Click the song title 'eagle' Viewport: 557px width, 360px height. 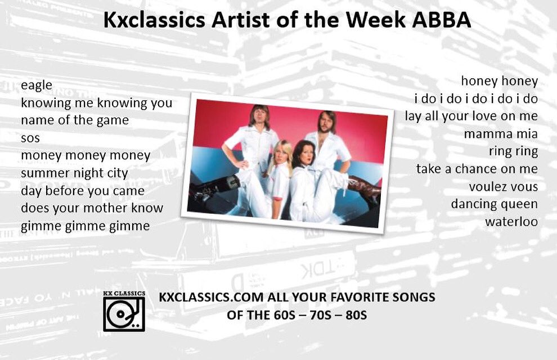[x=37, y=86]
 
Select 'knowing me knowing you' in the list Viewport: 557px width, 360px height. [x=96, y=103]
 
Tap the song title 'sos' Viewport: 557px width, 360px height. [x=30, y=138]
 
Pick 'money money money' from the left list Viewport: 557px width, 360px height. [x=86, y=156]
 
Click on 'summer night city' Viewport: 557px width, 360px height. [x=74, y=173]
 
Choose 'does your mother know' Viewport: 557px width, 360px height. [x=92, y=208]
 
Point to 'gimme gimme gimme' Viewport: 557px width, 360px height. [x=86, y=226]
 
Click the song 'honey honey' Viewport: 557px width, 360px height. [x=499, y=82]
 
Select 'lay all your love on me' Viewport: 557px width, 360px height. [x=471, y=116]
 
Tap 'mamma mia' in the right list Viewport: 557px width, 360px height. [x=501, y=134]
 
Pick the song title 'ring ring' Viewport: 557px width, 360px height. [x=513, y=151]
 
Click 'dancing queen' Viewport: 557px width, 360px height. [x=494, y=204]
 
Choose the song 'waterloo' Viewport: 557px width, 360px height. [x=511, y=222]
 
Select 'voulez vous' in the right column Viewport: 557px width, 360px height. [x=503, y=187]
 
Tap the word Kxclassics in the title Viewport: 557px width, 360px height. [x=147, y=20]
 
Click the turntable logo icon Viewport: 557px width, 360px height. [x=124, y=313]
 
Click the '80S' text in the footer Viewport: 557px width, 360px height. [x=356, y=315]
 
